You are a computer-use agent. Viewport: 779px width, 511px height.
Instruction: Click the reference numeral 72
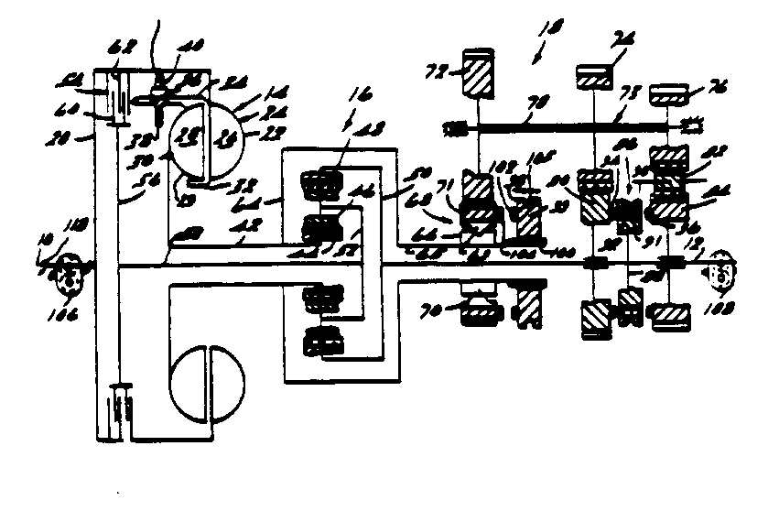[438, 70]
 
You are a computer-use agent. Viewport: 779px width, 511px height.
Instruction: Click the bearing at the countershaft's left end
[451, 127]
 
